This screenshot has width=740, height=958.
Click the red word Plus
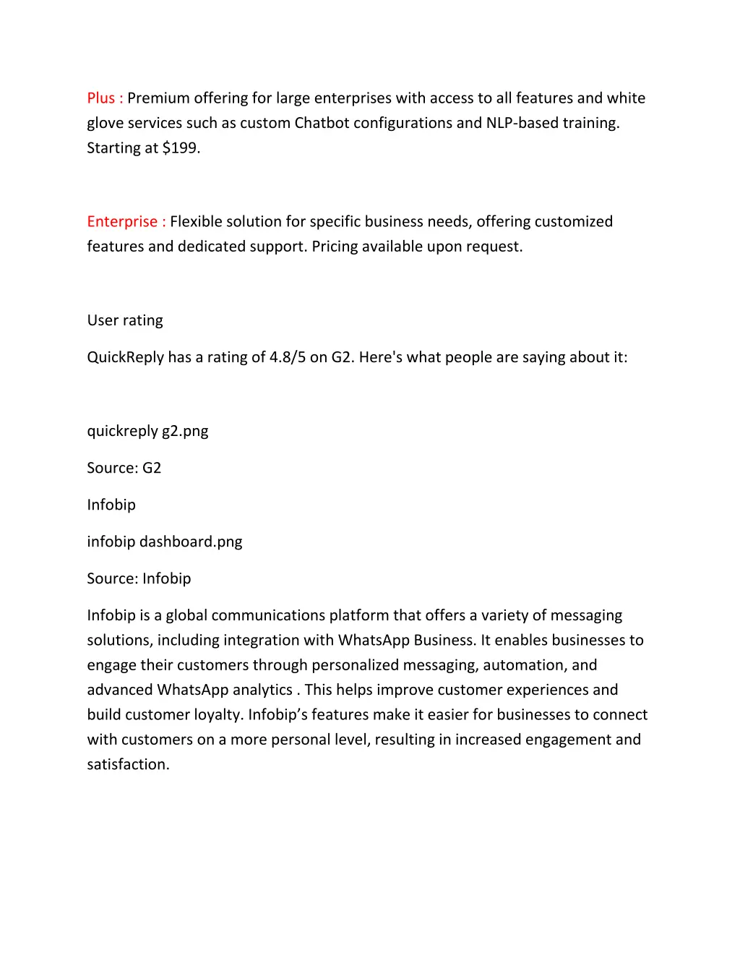pyautogui.click(x=100, y=98)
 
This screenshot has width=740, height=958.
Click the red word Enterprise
pyautogui.click(x=122, y=222)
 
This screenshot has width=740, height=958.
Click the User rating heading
pyautogui.click(x=125, y=321)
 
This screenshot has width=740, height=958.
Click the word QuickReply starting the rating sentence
pyautogui.click(x=125, y=358)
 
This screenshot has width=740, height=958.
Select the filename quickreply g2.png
pyautogui.click(x=147, y=432)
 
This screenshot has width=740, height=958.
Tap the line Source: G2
pyautogui.click(x=124, y=469)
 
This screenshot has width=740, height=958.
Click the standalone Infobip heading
pyautogui.click(x=111, y=505)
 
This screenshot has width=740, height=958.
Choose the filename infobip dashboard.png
pyautogui.click(x=165, y=542)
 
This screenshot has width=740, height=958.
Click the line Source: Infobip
pyautogui.click(x=139, y=579)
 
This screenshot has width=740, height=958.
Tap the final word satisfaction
pyautogui.click(x=128, y=765)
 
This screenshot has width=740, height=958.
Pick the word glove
pyautogui.click(x=105, y=124)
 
